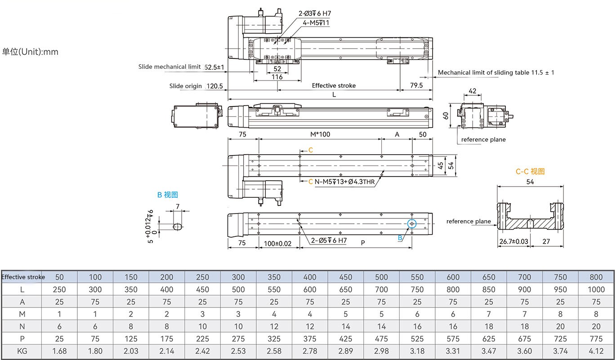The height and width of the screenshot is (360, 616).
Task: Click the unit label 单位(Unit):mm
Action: point(30,52)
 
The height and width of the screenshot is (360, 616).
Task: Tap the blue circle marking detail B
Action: point(411,223)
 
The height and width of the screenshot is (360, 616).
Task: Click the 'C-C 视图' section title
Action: point(530,171)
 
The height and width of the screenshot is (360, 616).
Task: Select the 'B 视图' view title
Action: point(167,195)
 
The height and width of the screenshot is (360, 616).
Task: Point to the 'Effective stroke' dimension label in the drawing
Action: point(334,85)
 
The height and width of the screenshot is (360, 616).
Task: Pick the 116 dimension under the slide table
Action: point(277,77)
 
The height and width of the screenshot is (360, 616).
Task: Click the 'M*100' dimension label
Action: point(320,134)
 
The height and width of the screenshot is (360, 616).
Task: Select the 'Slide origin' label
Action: point(185,86)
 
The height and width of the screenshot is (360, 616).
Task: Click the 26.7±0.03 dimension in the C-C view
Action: point(513,241)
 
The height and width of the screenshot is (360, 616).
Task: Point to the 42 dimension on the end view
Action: point(473,91)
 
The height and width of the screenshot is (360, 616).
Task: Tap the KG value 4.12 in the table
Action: point(596,351)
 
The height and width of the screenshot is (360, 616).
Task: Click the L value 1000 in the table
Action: point(596,289)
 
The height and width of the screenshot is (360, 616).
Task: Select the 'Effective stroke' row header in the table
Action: point(23,277)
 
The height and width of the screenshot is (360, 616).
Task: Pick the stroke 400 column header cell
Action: point(309,277)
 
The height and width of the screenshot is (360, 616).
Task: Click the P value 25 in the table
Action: point(59,338)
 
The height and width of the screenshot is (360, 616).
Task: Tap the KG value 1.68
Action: point(59,351)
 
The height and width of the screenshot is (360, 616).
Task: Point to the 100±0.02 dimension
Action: point(278,243)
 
